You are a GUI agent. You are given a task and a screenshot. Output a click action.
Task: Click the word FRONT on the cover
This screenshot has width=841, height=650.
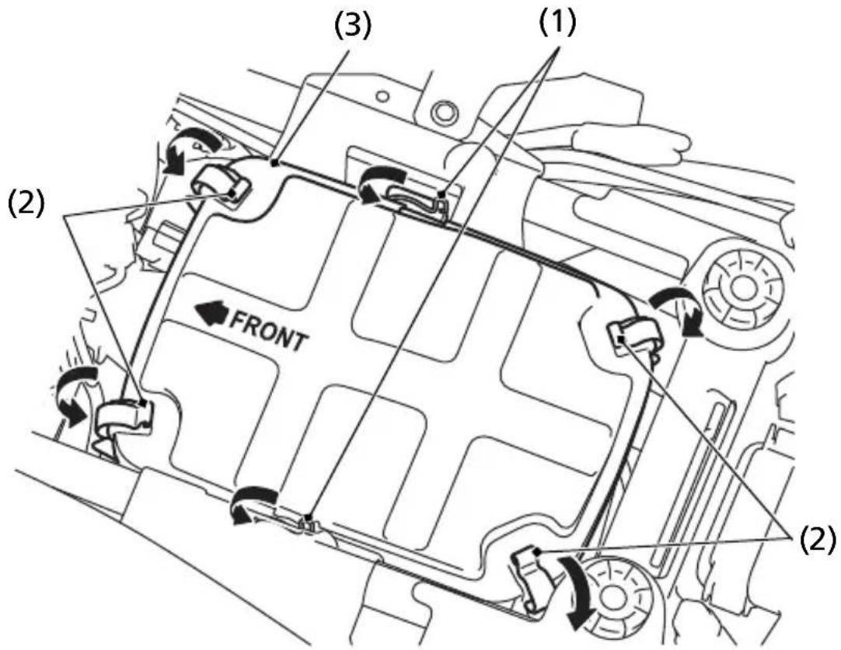click(x=269, y=330)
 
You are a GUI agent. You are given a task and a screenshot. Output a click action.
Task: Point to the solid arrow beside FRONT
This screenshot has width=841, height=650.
click(x=212, y=312)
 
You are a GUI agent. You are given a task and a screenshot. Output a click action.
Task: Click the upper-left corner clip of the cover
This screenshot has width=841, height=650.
click(x=222, y=184)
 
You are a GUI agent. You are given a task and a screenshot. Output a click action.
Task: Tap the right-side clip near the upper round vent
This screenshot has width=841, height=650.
click(x=637, y=335)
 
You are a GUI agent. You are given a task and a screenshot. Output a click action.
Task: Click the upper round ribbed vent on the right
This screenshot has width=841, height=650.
click(x=742, y=289)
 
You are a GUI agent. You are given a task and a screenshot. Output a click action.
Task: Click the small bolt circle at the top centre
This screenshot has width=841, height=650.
click(x=442, y=112)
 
